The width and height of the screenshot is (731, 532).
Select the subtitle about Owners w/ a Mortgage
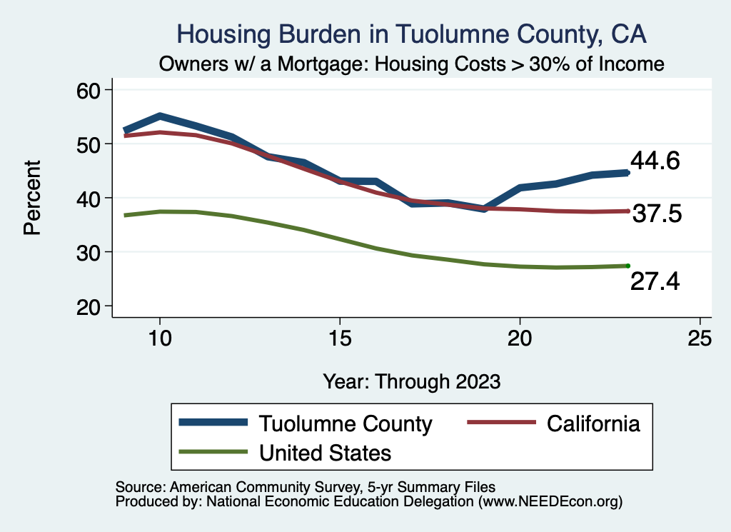pyautogui.click(x=412, y=64)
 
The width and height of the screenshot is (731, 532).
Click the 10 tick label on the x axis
pyautogui.click(x=160, y=338)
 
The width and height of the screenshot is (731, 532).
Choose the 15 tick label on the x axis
pyautogui.click(x=340, y=338)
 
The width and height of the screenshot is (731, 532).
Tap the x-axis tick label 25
pyautogui.click(x=700, y=338)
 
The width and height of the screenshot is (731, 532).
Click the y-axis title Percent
pyautogui.click(x=31, y=198)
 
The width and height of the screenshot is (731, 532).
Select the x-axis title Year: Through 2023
pyautogui.click(x=412, y=381)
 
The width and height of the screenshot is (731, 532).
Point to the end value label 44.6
pyautogui.click(x=655, y=161)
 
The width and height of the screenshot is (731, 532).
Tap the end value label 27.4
pyautogui.click(x=655, y=282)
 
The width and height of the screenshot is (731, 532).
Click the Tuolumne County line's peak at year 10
pyautogui.click(x=160, y=116)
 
